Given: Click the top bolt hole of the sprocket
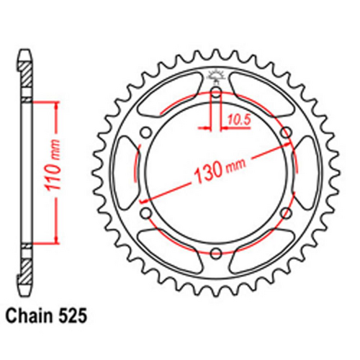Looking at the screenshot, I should click(x=216, y=92).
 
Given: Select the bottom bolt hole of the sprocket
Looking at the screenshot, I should click(x=216, y=251).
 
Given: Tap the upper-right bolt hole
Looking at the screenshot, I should click(x=285, y=132).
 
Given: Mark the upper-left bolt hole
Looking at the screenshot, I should click(x=147, y=132).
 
